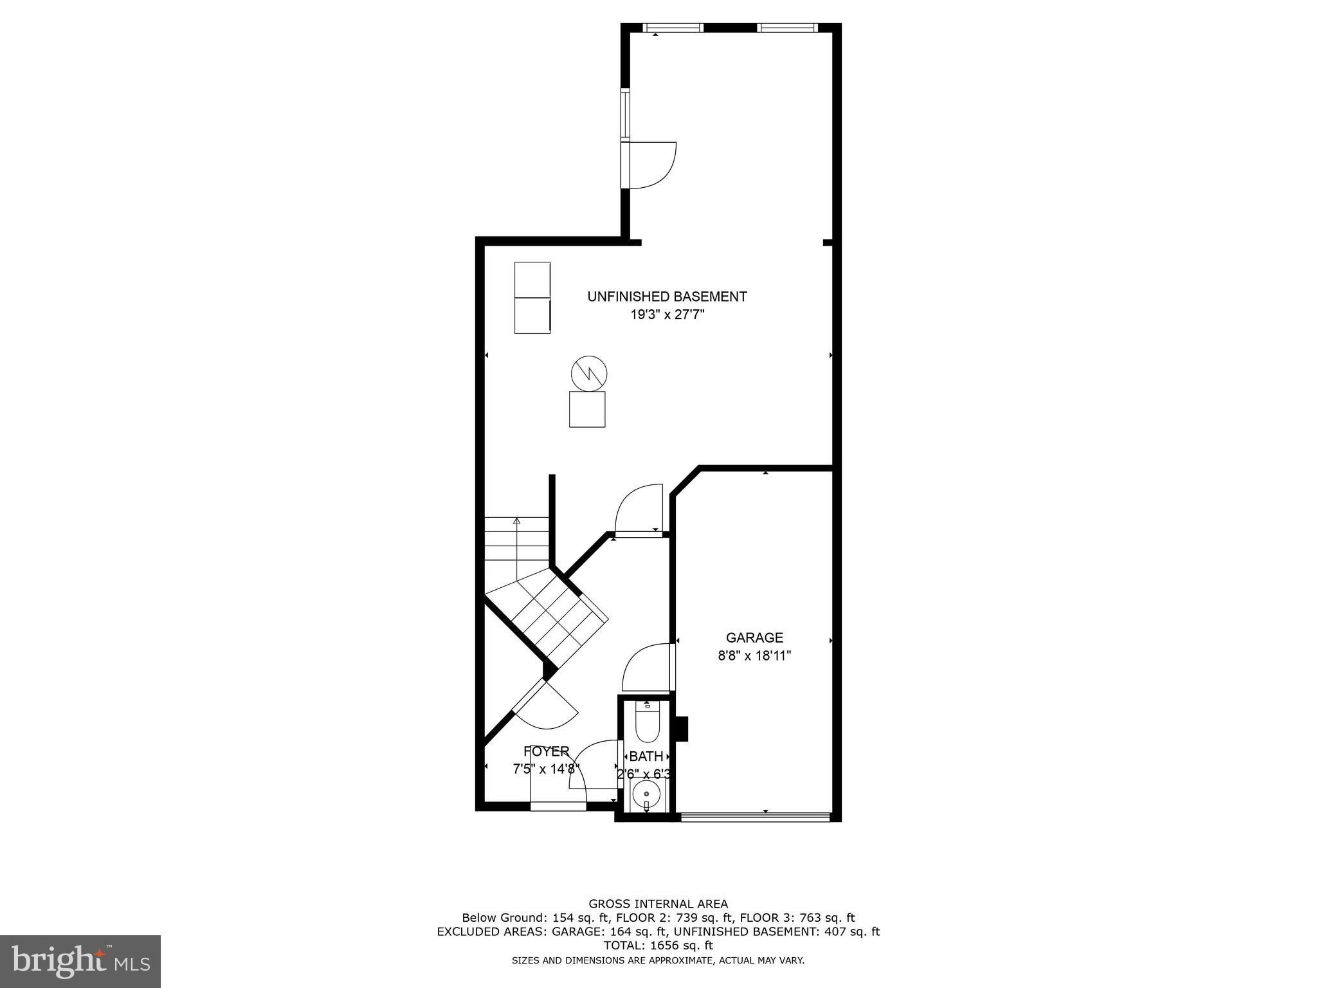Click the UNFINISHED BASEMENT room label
tap(667, 297)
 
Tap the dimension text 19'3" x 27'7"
tap(667, 315)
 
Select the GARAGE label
tap(754, 637)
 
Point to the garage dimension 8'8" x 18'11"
tap(754, 656)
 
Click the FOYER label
tap(546, 751)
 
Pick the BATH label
tap(646, 756)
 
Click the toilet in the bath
tap(646, 725)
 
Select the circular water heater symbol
tap(589, 373)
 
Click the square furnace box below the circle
tap(587, 409)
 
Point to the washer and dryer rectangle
tap(532, 297)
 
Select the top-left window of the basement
tap(673, 28)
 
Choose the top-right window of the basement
tap(786, 28)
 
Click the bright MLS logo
tap(80, 961)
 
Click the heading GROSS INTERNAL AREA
tap(658, 904)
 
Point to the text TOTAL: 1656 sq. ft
tap(658, 946)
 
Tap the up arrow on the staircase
tap(516, 522)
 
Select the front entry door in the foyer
tap(558, 806)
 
